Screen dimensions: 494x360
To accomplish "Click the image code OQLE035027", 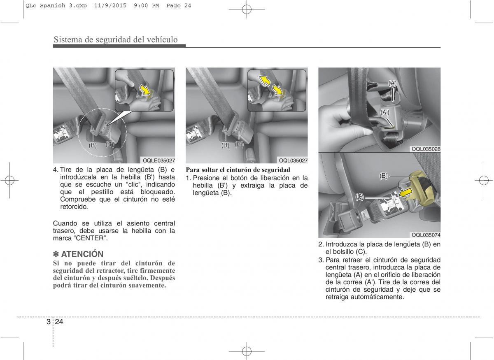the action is (159, 160).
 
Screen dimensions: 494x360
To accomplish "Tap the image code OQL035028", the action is (426, 149).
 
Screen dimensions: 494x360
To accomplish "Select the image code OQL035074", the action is (426, 235).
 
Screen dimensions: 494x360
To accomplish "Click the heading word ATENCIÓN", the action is (82, 254).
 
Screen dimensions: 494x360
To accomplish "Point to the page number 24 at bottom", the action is (59, 322).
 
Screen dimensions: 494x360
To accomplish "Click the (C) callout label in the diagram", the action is (359, 197).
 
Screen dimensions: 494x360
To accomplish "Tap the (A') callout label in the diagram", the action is (385, 112).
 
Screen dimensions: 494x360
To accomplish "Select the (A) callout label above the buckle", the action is (392, 84).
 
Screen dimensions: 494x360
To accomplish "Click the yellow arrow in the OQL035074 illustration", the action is (405, 193).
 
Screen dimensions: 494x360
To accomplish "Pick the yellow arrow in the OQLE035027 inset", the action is (145, 90).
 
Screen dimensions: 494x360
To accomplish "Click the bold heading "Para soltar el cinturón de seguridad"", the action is (238, 170).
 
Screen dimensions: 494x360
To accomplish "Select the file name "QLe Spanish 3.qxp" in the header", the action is (56, 6).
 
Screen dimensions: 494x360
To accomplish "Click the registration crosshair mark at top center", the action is (247, 9).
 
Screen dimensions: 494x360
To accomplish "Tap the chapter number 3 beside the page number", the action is (49, 322).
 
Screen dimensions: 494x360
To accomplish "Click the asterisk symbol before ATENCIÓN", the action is (56, 254).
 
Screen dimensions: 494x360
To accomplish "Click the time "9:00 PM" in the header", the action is (146, 6).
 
